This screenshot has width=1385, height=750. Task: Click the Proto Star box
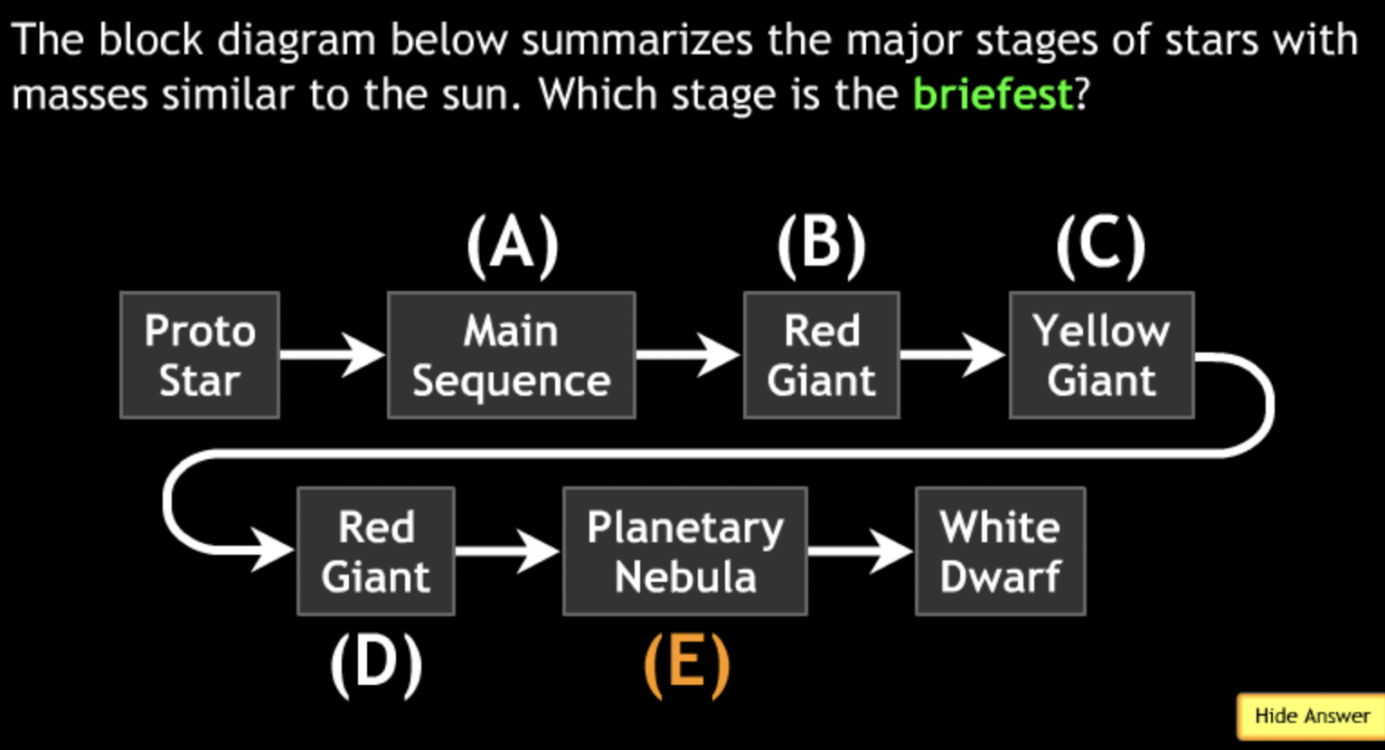(200, 355)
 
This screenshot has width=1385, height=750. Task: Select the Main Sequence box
(511, 355)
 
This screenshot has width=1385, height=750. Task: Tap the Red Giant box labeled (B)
(821, 355)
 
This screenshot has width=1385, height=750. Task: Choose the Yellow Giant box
(1101, 355)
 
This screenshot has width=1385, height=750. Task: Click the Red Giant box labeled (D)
(375, 551)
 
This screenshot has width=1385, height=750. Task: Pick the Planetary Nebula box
(684, 551)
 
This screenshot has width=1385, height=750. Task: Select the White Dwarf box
(1000, 551)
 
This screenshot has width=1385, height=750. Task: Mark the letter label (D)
(376, 665)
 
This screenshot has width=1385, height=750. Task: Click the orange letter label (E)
(686, 665)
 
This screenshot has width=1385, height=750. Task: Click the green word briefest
(993, 94)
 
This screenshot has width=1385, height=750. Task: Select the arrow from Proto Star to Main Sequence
(332, 353)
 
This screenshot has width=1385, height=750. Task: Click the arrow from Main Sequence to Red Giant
(688, 353)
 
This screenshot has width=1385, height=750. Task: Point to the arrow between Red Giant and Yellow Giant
(953, 353)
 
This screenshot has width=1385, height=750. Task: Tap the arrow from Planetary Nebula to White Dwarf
(860, 549)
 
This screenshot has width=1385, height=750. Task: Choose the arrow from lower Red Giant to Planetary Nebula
(507, 549)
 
